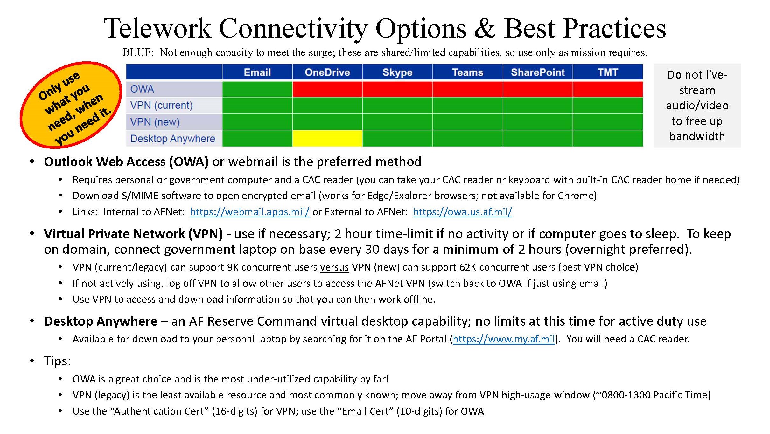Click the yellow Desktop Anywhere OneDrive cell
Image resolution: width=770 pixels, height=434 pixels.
click(x=327, y=138)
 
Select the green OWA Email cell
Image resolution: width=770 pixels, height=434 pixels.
click(x=257, y=89)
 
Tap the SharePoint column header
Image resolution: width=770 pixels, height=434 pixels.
click(x=538, y=72)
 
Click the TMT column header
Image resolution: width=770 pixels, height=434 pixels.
click(x=608, y=72)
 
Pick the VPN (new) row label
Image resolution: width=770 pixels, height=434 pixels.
click(x=155, y=122)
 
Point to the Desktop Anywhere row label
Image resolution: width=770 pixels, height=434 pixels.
click(x=173, y=139)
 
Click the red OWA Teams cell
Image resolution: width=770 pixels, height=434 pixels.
click(x=467, y=89)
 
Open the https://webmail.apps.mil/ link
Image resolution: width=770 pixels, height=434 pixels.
click(x=249, y=212)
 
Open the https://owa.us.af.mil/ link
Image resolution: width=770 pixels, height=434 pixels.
click(x=462, y=212)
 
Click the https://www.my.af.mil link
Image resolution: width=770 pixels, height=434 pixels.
click(x=504, y=339)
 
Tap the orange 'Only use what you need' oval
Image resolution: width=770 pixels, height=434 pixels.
click(x=71, y=105)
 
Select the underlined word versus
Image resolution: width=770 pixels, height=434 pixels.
click(x=334, y=267)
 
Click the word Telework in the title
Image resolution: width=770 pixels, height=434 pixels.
click(x=157, y=29)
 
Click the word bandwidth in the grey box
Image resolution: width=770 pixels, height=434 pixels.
click(x=697, y=136)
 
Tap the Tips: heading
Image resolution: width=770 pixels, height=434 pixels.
click(x=58, y=361)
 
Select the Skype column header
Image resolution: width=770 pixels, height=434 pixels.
click(x=397, y=72)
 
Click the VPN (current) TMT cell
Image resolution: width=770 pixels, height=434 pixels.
click(x=608, y=105)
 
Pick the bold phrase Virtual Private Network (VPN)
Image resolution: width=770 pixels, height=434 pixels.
click(x=133, y=234)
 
